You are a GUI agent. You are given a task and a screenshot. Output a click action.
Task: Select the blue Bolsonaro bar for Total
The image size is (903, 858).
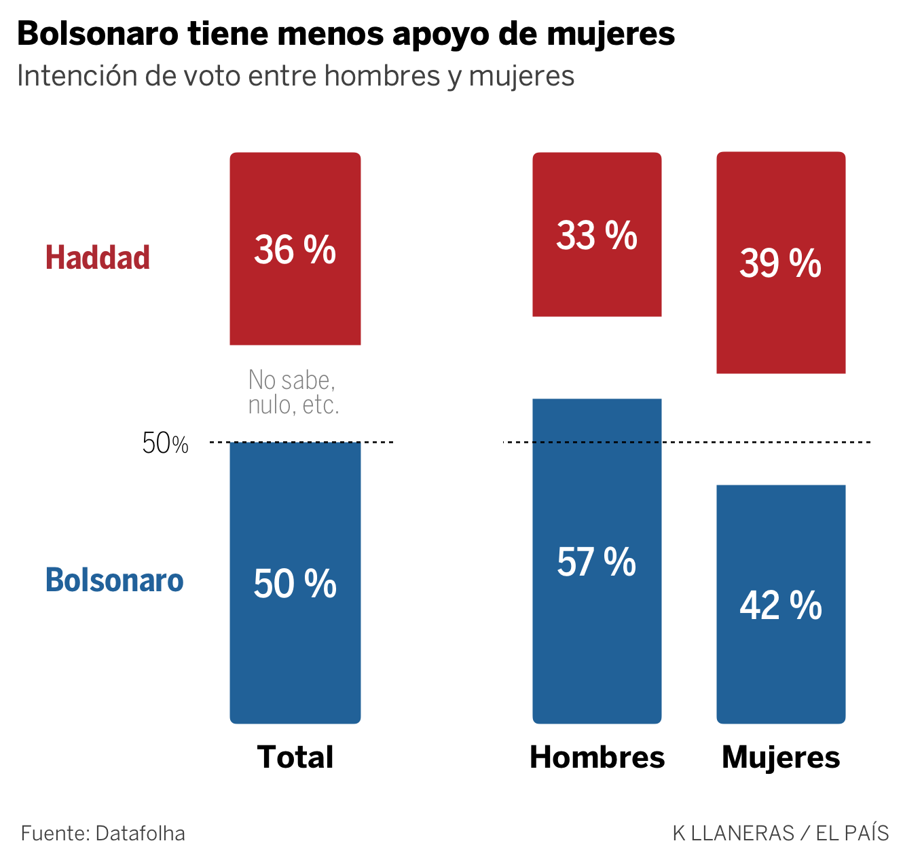point(295,652)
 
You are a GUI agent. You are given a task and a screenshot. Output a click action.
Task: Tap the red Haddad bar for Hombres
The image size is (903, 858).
point(597,285)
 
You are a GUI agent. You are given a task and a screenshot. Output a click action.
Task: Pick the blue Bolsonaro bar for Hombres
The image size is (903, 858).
point(597,645)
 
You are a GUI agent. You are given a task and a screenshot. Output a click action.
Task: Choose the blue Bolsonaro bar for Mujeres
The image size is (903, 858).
point(781,672)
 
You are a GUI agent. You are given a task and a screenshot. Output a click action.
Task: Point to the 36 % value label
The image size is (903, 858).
point(295,250)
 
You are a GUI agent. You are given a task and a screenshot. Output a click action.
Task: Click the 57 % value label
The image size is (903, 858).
point(597,563)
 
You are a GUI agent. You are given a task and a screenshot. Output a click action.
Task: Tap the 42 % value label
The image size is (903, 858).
point(781,605)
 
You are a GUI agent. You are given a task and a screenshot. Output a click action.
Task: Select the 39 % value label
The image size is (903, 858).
point(781,263)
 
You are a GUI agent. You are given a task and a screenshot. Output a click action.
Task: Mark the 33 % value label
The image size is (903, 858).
point(597,236)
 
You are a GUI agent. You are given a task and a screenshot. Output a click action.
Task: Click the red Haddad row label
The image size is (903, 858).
point(98,258)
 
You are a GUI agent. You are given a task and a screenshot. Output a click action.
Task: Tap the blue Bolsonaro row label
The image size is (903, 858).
point(114,580)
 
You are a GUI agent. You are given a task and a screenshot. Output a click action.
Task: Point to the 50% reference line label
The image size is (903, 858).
point(165,444)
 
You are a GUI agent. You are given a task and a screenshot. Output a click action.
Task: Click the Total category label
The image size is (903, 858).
point(295,757)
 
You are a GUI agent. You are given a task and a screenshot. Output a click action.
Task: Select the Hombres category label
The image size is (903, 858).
point(597,757)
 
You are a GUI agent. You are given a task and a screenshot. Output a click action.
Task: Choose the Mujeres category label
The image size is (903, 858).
point(781,757)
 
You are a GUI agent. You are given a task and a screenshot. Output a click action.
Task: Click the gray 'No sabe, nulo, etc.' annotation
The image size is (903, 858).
point(293,392)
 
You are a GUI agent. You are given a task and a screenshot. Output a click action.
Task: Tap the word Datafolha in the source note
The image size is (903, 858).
point(141,833)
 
